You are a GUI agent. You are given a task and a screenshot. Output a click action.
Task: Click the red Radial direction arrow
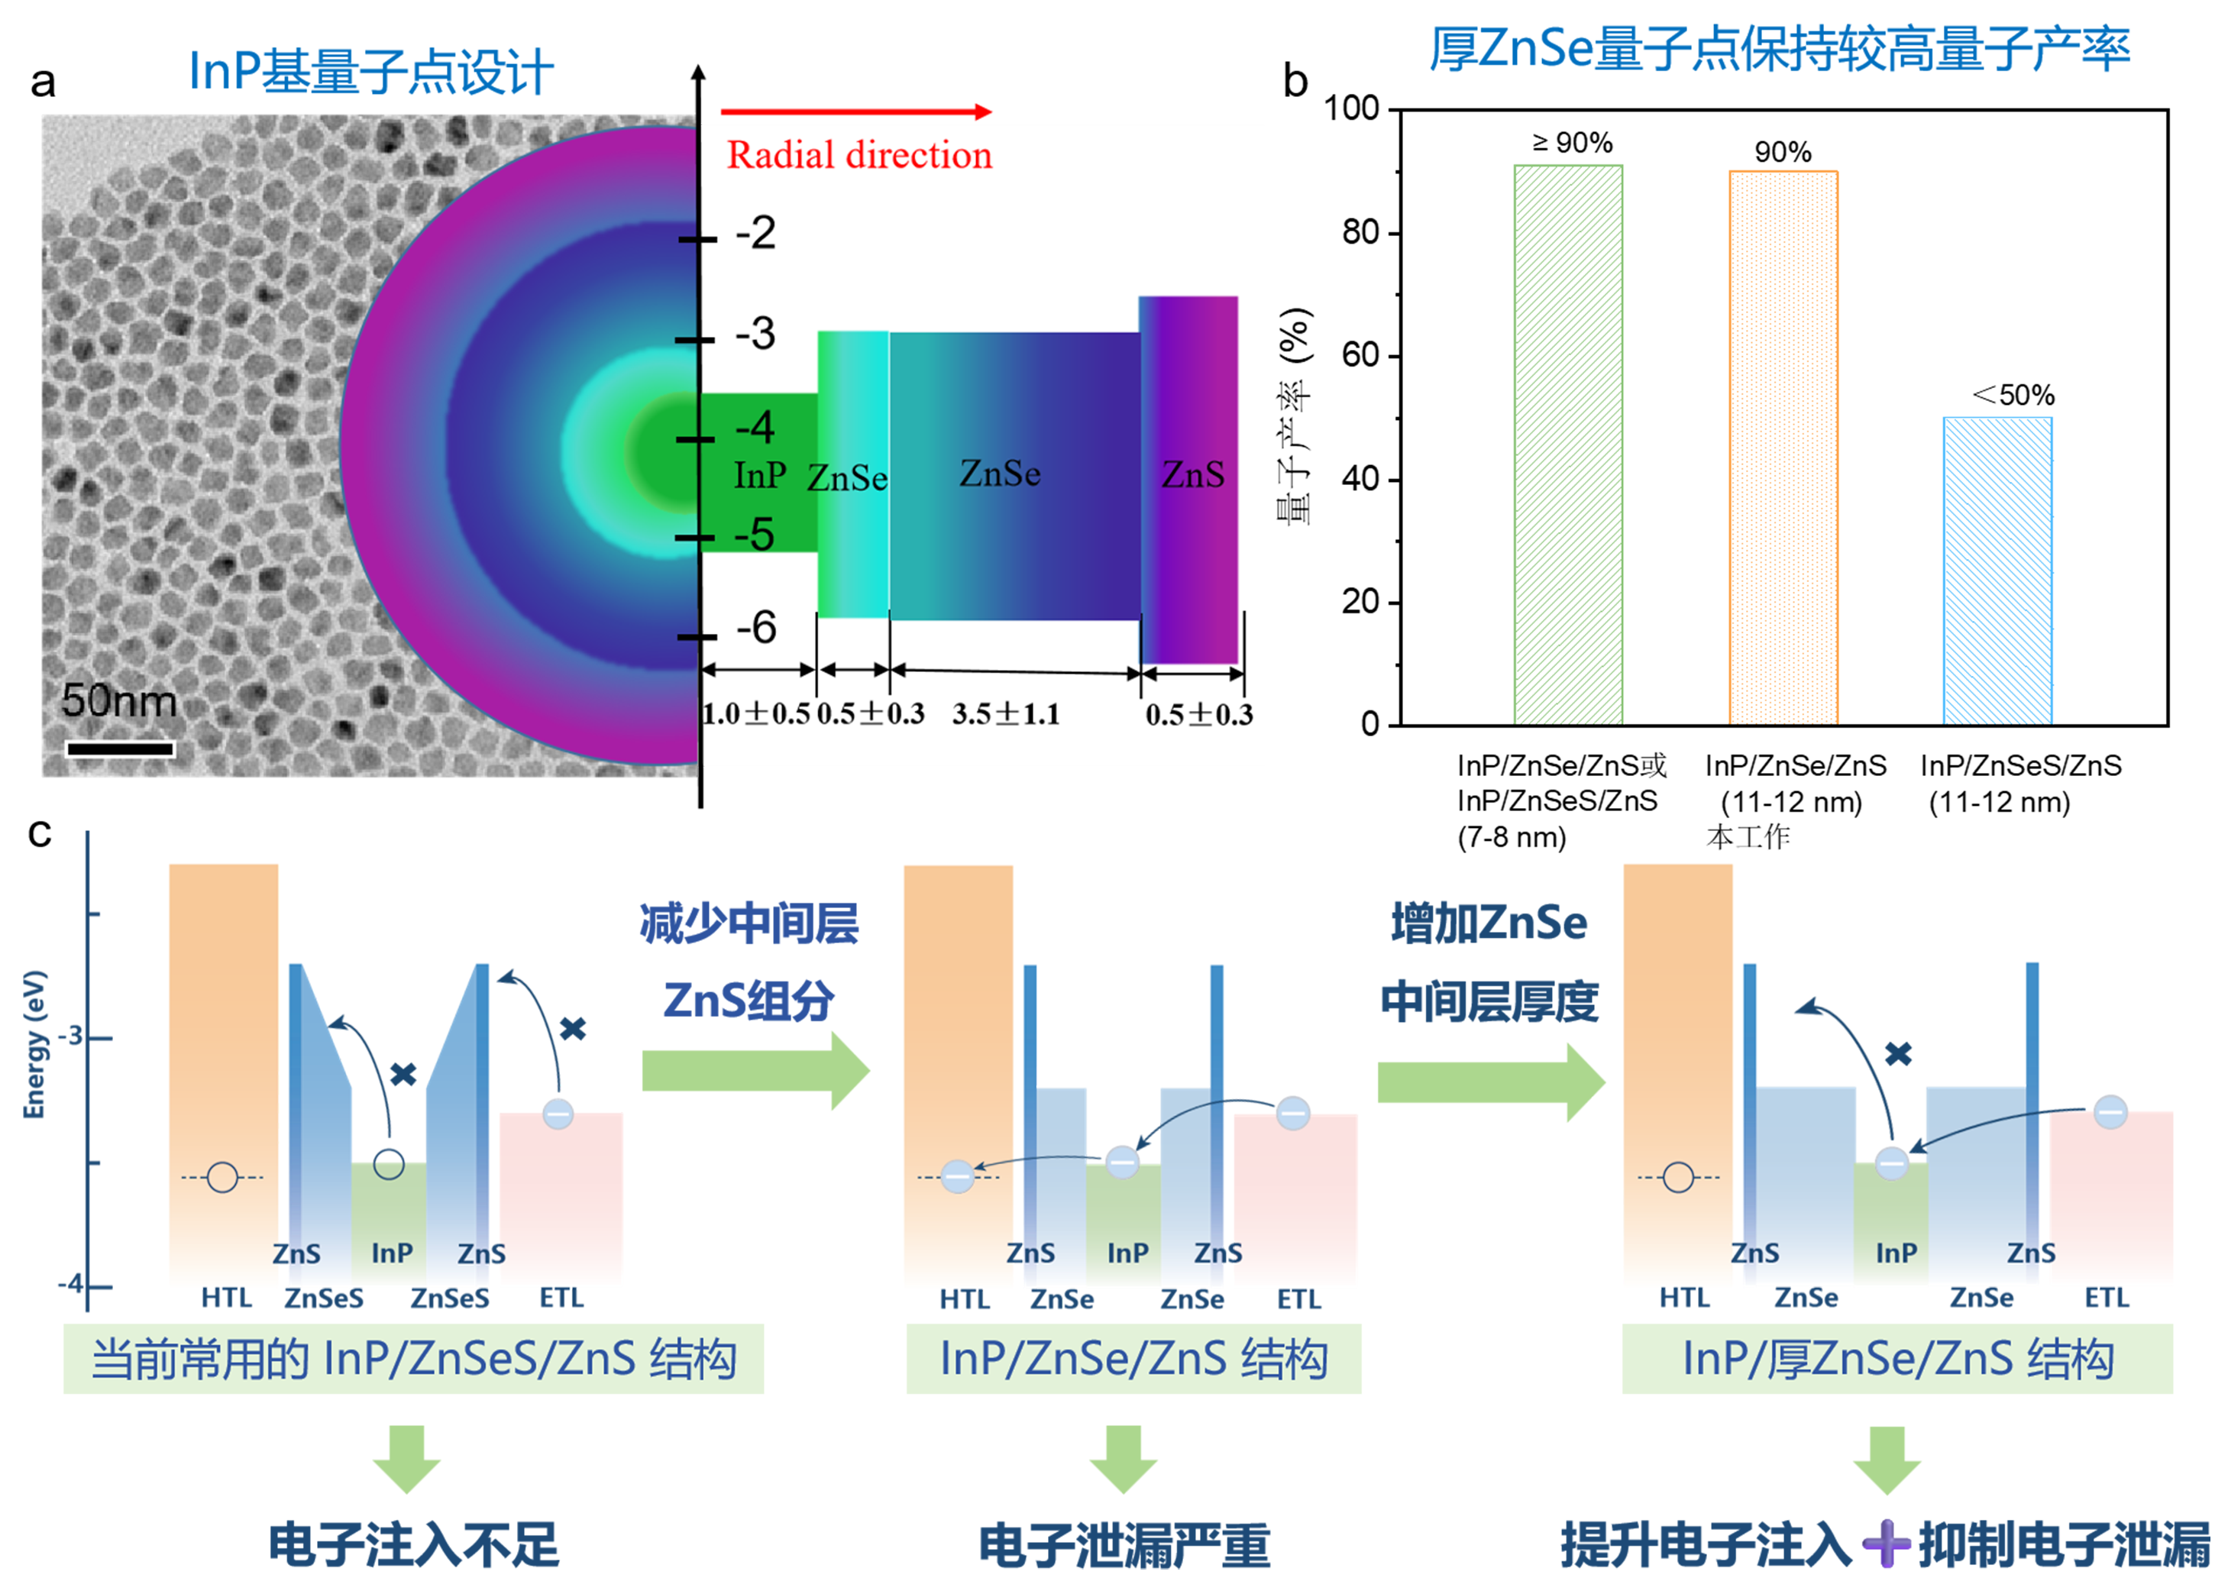856,112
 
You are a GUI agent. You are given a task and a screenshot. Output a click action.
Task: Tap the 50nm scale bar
119,749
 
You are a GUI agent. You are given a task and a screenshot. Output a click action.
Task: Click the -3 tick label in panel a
755,334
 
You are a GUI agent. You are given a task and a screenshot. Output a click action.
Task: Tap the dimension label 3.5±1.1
1005,714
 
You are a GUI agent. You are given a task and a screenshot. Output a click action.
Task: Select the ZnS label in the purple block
1192,475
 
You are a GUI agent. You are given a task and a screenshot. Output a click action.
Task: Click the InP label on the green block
760,476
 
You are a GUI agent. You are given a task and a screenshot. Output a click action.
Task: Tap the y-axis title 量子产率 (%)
1295,416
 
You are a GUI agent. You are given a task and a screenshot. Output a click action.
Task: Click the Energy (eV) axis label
34,1043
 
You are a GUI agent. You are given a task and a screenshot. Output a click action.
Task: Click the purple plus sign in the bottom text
1885,1545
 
